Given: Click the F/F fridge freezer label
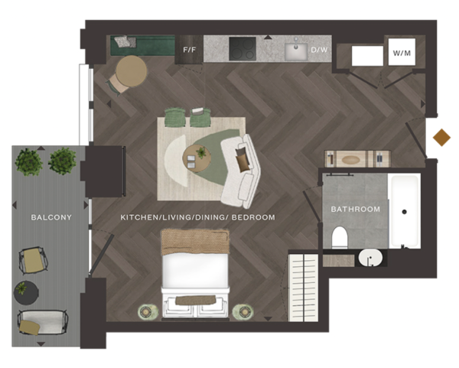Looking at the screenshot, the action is [x=189, y=50].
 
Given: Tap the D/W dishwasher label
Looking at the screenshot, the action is [x=319, y=50].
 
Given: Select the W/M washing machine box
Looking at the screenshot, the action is [x=402, y=52].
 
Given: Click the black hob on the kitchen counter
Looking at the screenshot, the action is [x=243, y=49].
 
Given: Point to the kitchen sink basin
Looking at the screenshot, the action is [x=296, y=52].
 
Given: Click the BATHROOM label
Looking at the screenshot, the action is [x=356, y=210].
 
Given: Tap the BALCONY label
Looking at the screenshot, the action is [x=51, y=217].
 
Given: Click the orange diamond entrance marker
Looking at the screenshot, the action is [x=441, y=138].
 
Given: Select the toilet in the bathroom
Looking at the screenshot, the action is [x=340, y=237].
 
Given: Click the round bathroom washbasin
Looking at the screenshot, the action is [x=370, y=258].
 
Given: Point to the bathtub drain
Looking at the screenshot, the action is [x=404, y=212].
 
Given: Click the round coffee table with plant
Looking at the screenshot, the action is [x=197, y=158].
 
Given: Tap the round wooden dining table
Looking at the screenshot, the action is [x=131, y=71].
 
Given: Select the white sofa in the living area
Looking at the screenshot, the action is [x=241, y=172].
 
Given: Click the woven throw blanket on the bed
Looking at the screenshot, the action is [x=195, y=242].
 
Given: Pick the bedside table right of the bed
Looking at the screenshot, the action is [x=243, y=312].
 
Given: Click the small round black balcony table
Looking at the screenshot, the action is [x=26, y=293].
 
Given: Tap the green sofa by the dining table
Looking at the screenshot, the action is [x=142, y=45].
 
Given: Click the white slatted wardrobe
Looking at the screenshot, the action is [x=303, y=288].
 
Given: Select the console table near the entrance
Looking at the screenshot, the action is [x=357, y=159].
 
